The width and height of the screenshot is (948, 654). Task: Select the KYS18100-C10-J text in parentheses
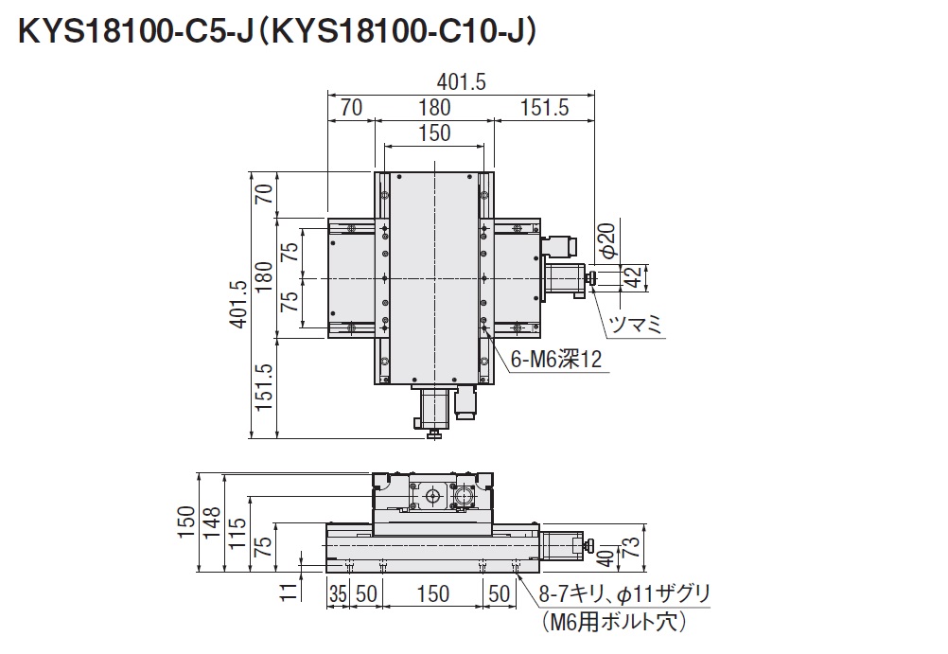[x=397, y=32]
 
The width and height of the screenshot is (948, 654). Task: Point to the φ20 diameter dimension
[x=606, y=241]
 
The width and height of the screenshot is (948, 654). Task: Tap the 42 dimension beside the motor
[x=632, y=277]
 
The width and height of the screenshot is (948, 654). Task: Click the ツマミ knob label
[x=637, y=325]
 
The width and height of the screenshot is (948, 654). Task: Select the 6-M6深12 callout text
[x=556, y=360]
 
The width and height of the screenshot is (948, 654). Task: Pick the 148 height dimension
[x=211, y=523]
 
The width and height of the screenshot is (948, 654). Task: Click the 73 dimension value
[x=630, y=546]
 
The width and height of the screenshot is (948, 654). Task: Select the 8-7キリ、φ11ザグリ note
[x=624, y=594]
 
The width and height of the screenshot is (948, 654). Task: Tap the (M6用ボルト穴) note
[x=614, y=622]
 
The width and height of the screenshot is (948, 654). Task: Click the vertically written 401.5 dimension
[x=238, y=305]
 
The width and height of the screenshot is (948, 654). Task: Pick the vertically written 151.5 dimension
[x=264, y=387]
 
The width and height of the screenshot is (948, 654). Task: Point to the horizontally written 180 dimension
[x=434, y=108]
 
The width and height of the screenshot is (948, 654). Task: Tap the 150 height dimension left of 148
[x=186, y=522]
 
